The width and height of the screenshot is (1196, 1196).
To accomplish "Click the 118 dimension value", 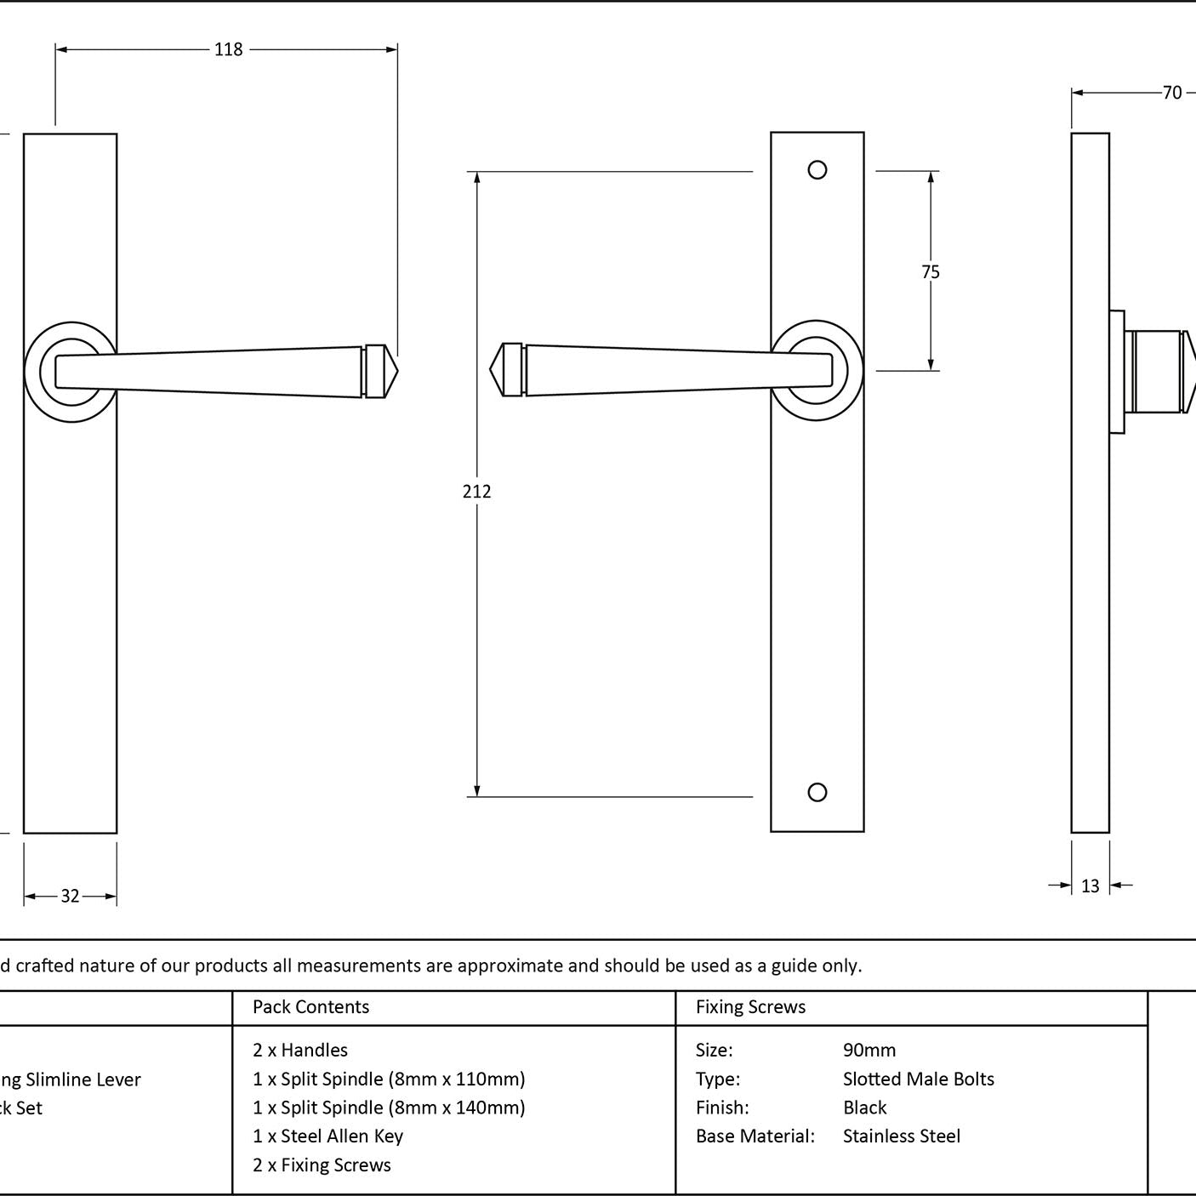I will coord(228,49).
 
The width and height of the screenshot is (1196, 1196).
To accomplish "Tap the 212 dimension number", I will coord(476,492).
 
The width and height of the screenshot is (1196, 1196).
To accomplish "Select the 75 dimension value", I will coord(931,272).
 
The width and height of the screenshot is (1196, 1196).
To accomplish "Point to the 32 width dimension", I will coord(70,896).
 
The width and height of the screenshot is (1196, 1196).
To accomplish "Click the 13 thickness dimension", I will coord(1090,886).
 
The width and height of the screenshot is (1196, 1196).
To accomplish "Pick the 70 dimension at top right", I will coord(1172,93).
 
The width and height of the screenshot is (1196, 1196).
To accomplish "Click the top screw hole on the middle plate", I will coord(817,170).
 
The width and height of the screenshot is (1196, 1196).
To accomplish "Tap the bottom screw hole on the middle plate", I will coord(817,793).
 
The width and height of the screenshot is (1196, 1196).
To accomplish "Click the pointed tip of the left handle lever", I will coord(394,371).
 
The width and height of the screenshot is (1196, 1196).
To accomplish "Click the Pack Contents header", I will coord(310,1007).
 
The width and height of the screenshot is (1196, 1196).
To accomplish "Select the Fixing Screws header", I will coord(750,1007).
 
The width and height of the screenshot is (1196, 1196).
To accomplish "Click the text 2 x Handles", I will coord(300,1051).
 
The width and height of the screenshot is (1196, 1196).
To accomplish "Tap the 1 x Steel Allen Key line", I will coord(327,1136).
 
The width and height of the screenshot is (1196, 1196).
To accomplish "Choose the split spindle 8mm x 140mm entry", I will coord(389,1108).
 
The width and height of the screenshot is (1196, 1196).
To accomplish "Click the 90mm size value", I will coord(869,1051).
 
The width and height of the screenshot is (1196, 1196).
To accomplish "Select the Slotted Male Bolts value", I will coord(918,1079).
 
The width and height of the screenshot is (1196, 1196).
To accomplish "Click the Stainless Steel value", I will coord(901,1136).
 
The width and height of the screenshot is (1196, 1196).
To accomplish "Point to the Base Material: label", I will coord(755,1136).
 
